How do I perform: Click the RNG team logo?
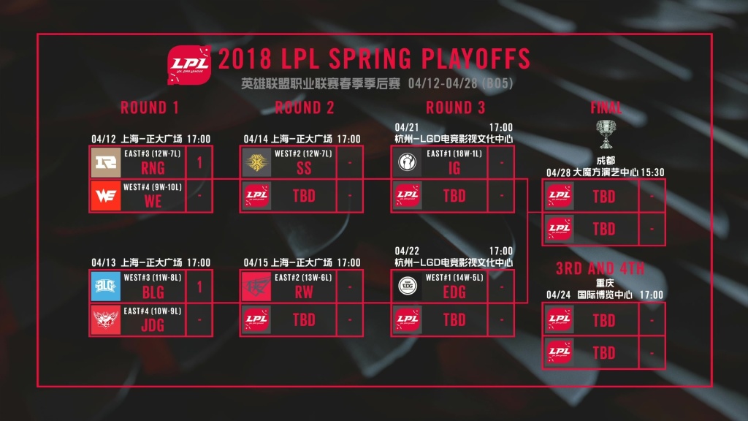106,163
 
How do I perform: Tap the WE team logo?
106,196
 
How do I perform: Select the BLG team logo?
106,287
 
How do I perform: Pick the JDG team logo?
106,319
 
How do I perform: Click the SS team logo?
256,163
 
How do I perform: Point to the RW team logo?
256,287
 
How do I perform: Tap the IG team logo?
407,163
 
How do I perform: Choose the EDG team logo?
407,287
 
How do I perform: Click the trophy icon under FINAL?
606,134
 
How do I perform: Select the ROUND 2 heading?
305,108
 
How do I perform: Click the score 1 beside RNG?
199,163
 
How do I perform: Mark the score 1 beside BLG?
199,287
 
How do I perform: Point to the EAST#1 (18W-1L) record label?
454,153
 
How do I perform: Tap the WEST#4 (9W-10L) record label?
153,187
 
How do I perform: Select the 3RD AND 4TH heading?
600,269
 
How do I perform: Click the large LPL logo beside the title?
189,65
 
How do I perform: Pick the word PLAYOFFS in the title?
476,58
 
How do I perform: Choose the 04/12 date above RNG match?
104,139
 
